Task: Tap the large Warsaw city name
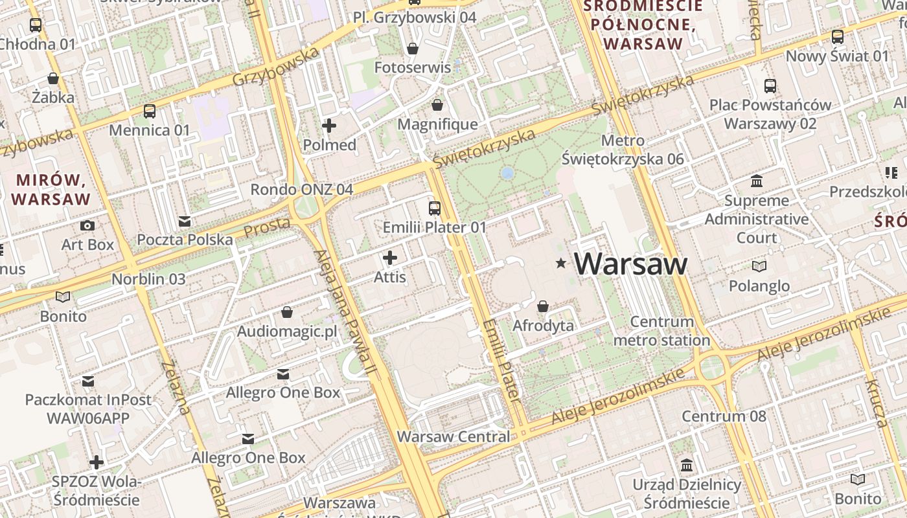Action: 630,264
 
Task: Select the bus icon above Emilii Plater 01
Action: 435,208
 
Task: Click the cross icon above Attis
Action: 390,258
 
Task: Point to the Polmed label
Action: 330,145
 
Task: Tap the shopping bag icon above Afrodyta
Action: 543,306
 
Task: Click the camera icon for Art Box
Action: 87,225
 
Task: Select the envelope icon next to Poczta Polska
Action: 185,221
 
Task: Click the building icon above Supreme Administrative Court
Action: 757,181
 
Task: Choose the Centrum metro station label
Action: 661,331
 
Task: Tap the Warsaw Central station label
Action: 454,436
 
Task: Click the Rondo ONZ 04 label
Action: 302,189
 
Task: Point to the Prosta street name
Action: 267,227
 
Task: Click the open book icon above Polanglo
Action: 759,266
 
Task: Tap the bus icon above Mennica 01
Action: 150,111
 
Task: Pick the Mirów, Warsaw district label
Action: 51,189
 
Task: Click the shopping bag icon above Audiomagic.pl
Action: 287,313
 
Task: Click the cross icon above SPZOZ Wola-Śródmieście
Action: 97,462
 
